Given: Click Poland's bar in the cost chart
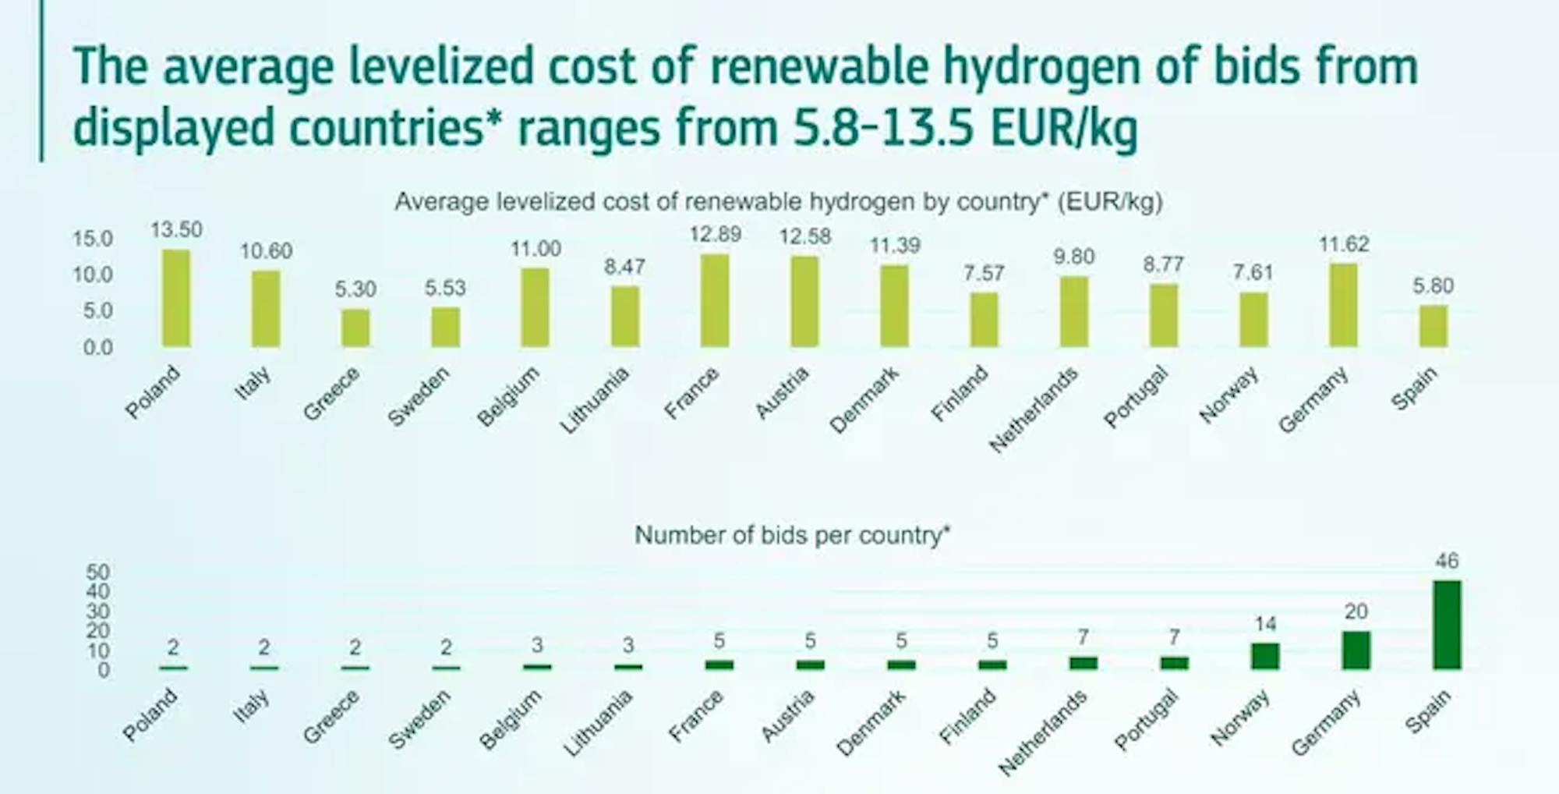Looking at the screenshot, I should (x=176, y=299).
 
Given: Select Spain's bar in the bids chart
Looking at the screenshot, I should (x=1447, y=625).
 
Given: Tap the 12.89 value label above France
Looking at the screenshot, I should (x=715, y=234).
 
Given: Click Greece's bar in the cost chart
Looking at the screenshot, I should (x=355, y=328).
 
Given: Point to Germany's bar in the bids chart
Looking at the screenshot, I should (x=1356, y=650).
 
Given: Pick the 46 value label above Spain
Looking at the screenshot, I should (x=1447, y=561).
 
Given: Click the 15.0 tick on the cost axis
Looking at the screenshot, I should (x=93, y=239).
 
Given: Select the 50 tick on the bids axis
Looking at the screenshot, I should (x=97, y=572).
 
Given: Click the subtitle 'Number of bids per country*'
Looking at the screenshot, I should (x=792, y=536).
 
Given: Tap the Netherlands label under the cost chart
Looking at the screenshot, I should (x=1034, y=409).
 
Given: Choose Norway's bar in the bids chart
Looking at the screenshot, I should (x=1265, y=656).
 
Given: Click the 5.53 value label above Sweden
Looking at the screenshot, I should (x=445, y=288).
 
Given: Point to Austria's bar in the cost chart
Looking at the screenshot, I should (x=804, y=301).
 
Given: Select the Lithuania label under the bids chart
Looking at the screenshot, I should (x=597, y=724).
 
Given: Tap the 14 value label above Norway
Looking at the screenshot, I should (x=1265, y=624).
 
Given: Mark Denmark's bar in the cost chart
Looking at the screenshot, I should (x=894, y=306).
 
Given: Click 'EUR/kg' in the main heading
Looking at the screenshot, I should (x=1063, y=127).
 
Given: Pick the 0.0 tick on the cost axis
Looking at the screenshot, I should (x=97, y=348).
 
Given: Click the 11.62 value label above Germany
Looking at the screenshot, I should (x=1344, y=244).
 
